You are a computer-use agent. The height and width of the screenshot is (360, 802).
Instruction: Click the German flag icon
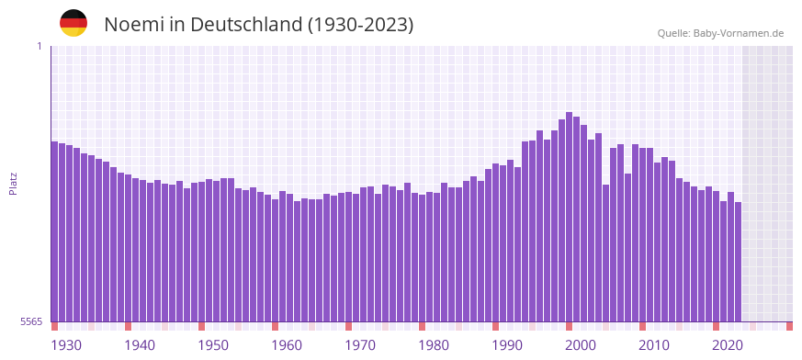tap(73, 23)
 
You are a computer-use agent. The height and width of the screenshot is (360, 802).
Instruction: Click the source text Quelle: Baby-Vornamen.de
tap(720, 33)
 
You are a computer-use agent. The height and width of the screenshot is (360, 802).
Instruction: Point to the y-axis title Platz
tap(13, 184)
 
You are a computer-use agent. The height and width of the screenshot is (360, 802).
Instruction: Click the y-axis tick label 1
tap(39, 46)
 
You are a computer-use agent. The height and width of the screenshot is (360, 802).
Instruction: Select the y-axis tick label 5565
tap(30, 321)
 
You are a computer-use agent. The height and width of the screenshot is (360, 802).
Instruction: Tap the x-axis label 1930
tap(66, 345)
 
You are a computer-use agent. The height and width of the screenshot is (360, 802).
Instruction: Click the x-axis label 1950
tap(213, 345)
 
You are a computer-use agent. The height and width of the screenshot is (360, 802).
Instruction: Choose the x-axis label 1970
tap(360, 345)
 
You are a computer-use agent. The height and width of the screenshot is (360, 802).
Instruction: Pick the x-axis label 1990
tap(507, 345)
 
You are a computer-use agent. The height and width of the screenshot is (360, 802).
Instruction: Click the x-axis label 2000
tap(581, 345)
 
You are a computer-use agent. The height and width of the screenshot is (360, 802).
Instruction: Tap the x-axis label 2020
tap(728, 345)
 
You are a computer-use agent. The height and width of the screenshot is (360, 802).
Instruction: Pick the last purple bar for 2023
tap(738, 262)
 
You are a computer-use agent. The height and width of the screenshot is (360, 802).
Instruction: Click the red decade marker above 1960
tap(275, 326)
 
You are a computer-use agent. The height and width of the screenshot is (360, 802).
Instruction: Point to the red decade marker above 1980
tap(422, 326)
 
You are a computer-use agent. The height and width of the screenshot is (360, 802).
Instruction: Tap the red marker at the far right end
tap(789, 326)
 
